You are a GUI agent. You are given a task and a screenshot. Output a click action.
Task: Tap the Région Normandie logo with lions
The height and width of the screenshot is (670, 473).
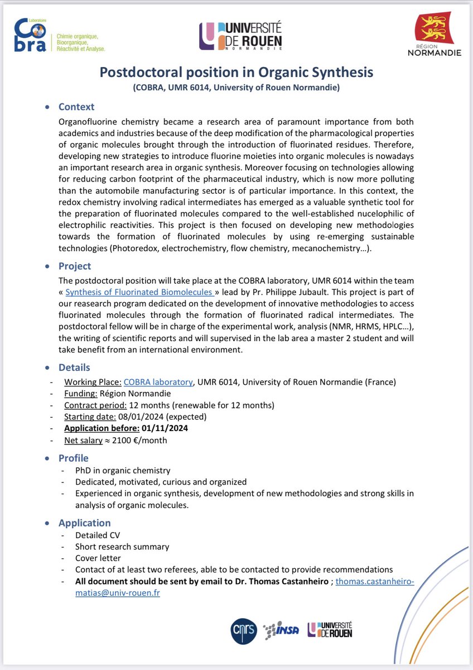tap(442, 36)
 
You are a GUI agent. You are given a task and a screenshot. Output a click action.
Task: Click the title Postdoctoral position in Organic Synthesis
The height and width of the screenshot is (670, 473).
tap(236, 73)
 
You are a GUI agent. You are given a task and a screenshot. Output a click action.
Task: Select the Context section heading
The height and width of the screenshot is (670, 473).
tap(76, 107)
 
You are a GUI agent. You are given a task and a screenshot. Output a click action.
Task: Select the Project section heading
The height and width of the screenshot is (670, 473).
tap(75, 266)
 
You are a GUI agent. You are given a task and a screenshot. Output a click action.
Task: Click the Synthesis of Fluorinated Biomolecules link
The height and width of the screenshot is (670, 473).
tap(139, 292)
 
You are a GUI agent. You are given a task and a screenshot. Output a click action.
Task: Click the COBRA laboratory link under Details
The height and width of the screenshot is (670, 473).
tap(158, 382)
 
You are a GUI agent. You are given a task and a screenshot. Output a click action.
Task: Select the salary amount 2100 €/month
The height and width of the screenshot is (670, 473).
tap(139, 440)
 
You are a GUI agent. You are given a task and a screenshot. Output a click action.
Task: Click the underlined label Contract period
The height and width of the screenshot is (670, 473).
tap(95, 405)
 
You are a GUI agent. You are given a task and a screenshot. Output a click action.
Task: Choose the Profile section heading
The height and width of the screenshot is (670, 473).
tap(74, 458)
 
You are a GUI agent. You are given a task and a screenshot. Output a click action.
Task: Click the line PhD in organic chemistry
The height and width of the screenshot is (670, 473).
tap(123, 471)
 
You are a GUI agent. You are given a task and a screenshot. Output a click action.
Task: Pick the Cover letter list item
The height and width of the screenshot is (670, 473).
tap(98, 558)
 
